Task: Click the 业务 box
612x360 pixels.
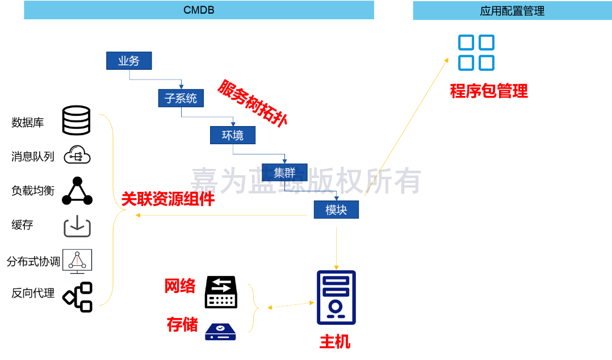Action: [129, 61]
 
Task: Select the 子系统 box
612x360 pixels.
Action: [181, 98]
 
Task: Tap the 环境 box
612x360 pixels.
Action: [233, 135]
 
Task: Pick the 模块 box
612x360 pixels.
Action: [336, 210]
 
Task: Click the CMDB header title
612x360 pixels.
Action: [199, 10]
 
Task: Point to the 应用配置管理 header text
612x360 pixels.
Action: [512, 11]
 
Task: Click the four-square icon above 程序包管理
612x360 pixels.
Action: [476, 52]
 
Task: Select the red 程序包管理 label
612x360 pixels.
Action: [488, 91]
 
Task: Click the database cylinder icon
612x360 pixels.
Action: [77, 120]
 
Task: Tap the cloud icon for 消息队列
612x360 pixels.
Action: [77, 155]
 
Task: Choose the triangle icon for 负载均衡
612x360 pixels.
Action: [77, 191]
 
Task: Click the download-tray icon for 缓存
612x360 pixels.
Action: [77, 226]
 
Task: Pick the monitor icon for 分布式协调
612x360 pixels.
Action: [77, 261]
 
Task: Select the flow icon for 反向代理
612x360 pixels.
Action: [77, 297]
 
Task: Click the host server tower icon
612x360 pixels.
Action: [336, 298]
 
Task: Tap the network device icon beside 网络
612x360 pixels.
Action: [221, 292]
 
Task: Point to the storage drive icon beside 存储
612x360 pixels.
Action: [220, 332]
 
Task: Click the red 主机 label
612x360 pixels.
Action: [335, 342]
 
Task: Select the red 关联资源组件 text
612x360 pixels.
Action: [168, 199]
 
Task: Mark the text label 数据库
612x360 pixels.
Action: [27, 122]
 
